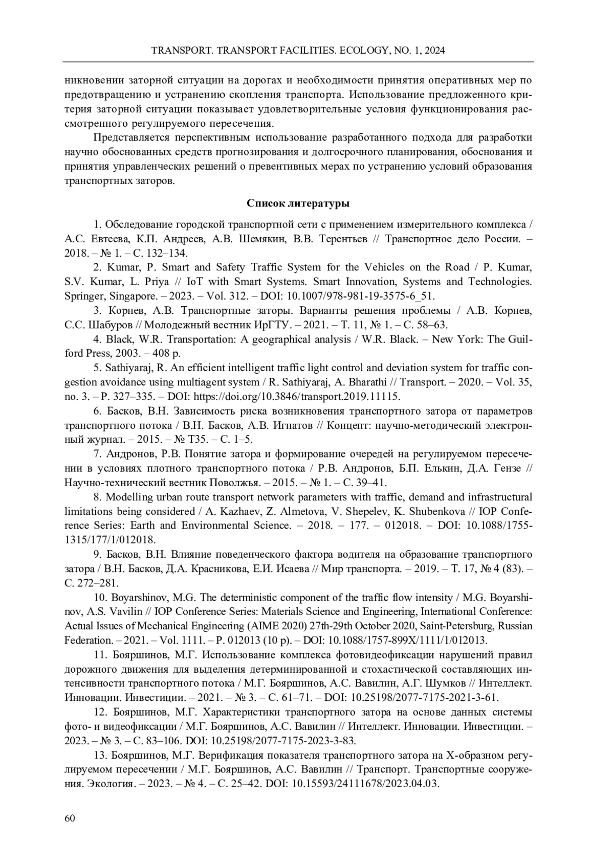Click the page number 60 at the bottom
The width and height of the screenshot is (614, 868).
coord(70,818)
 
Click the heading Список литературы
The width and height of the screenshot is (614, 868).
coord(298,203)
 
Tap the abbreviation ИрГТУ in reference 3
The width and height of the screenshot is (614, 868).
coord(267,325)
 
